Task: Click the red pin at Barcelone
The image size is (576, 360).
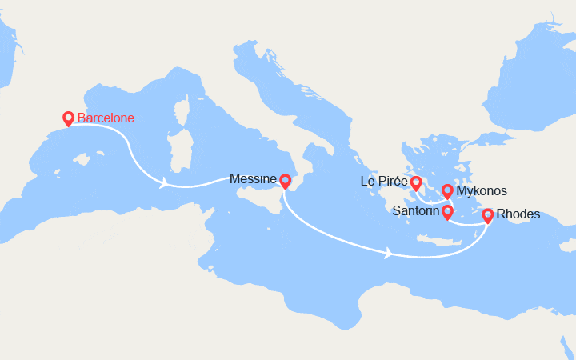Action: [x=68, y=118]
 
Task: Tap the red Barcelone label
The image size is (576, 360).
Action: [x=106, y=118]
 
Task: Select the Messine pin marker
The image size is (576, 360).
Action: [x=285, y=182]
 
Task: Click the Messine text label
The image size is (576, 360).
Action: [x=252, y=179]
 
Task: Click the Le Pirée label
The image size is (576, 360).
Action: [x=384, y=182]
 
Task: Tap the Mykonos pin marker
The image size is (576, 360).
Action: [x=448, y=192]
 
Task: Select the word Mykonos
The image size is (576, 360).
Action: [x=482, y=192]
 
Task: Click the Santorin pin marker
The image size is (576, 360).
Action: [x=447, y=212]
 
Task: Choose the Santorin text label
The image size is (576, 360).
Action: [x=415, y=211]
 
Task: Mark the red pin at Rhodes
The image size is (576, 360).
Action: [x=487, y=215]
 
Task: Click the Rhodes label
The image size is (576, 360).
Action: [x=518, y=214]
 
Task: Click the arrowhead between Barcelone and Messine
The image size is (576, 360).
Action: [x=163, y=184]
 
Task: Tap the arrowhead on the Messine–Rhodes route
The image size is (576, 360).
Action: [x=389, y=254]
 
